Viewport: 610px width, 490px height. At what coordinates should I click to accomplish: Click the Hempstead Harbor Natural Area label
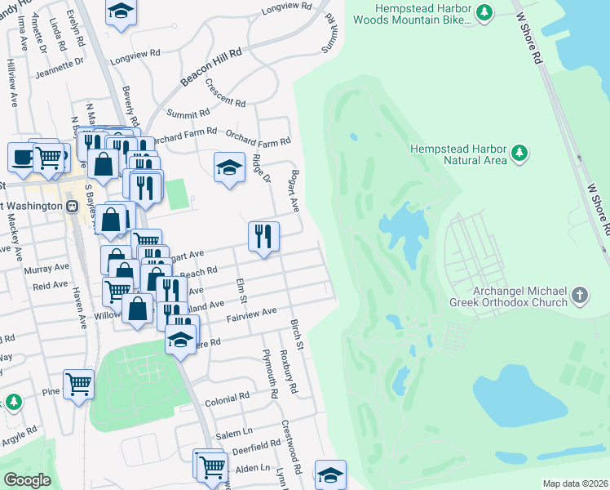(457, 154)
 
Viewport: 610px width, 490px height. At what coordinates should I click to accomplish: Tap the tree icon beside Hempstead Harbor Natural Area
(518, 153)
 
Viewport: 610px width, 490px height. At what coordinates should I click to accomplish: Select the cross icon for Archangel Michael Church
(579, 296)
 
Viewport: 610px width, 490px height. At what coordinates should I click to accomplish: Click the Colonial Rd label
(227, 396)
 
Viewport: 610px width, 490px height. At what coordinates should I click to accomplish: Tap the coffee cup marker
(22, 155)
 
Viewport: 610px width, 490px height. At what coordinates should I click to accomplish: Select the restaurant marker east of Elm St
(263, 237)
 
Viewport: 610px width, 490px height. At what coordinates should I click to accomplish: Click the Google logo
(28, 480)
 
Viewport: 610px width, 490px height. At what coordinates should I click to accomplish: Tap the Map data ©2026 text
(574, 483)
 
